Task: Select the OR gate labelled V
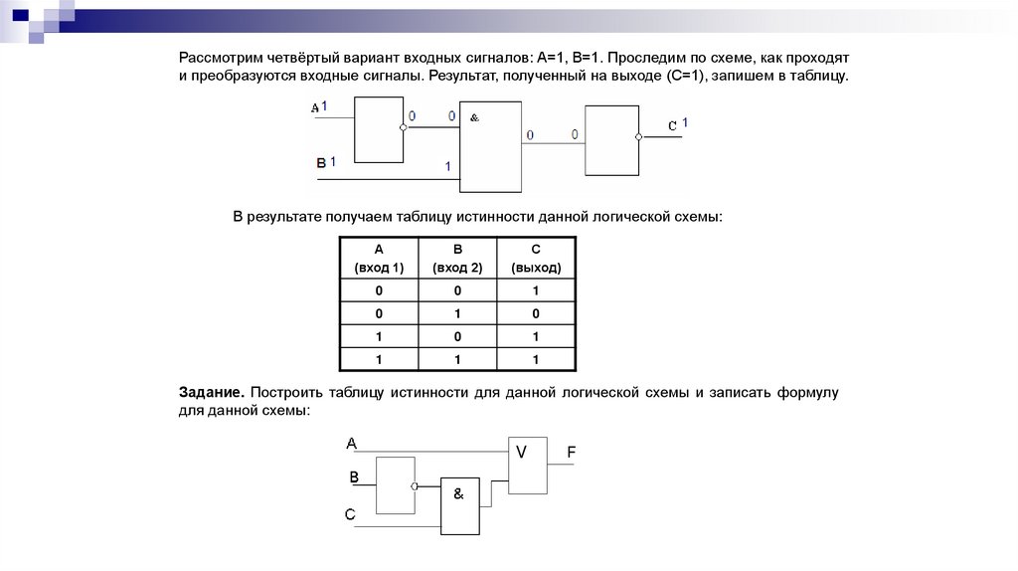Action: (x=527, y=464)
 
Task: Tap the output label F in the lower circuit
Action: (x=572, y=454)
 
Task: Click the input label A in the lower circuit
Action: (x=352, y=443)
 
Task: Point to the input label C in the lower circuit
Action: (x=350, y=513)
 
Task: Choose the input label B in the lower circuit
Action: (x=353, y=478)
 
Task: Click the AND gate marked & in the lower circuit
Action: (x=460, y=505)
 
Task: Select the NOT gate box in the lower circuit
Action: (x=395, y=485)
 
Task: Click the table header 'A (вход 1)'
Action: (x=379, y=259)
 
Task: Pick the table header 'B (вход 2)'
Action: (x=457, y=259)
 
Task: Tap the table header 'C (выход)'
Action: (x=536, y=259)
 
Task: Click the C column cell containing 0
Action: (x=536, y=314)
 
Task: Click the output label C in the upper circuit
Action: (x=672, y=125)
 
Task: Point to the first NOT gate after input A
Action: (x=379, y=129)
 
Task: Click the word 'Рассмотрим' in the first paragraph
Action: (x=220, y=58)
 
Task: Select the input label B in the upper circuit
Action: (x=321, y=162)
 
